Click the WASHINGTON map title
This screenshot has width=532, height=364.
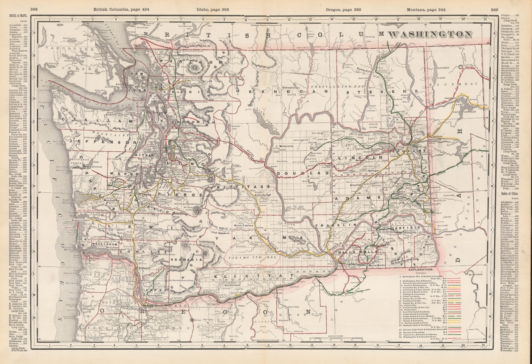point(430,34)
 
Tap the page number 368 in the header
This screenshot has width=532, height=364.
point(34,9)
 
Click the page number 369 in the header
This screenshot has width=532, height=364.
point(494,9)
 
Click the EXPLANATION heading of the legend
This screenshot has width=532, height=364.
point(421,269)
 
